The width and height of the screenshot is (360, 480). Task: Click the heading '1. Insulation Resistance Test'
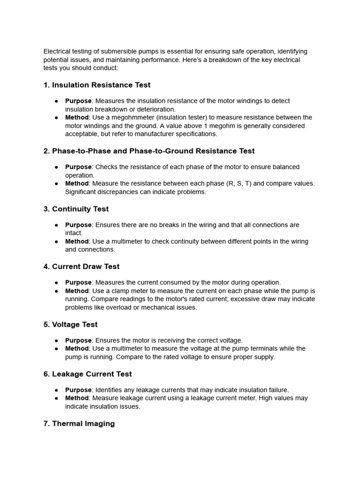tap(97, 85)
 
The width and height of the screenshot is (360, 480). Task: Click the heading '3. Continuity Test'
tap(76, 209)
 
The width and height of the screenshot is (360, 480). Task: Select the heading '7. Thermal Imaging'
tap(79, 423)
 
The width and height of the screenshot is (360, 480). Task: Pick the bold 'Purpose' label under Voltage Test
tap(78, 340)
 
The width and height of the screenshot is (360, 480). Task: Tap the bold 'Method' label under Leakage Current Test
tap(77, 398)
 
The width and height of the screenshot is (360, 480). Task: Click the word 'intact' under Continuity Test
tap(73, 233)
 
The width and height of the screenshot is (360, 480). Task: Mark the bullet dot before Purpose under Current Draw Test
tap(56, 283)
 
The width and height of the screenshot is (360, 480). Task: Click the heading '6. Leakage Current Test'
tap(88, 374)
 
